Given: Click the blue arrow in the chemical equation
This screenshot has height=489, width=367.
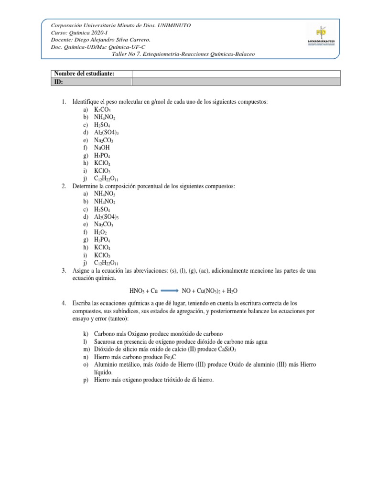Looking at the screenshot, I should point(166,291).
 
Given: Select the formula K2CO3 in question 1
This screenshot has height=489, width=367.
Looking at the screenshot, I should point(102,110).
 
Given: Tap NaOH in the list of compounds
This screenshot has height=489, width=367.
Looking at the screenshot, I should point(102,148).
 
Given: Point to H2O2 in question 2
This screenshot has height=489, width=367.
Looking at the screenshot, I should point(100,232).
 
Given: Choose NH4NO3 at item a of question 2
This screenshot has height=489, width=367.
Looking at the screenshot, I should point(105,194).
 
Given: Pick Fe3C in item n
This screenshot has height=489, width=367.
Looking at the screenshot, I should point(163,357).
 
